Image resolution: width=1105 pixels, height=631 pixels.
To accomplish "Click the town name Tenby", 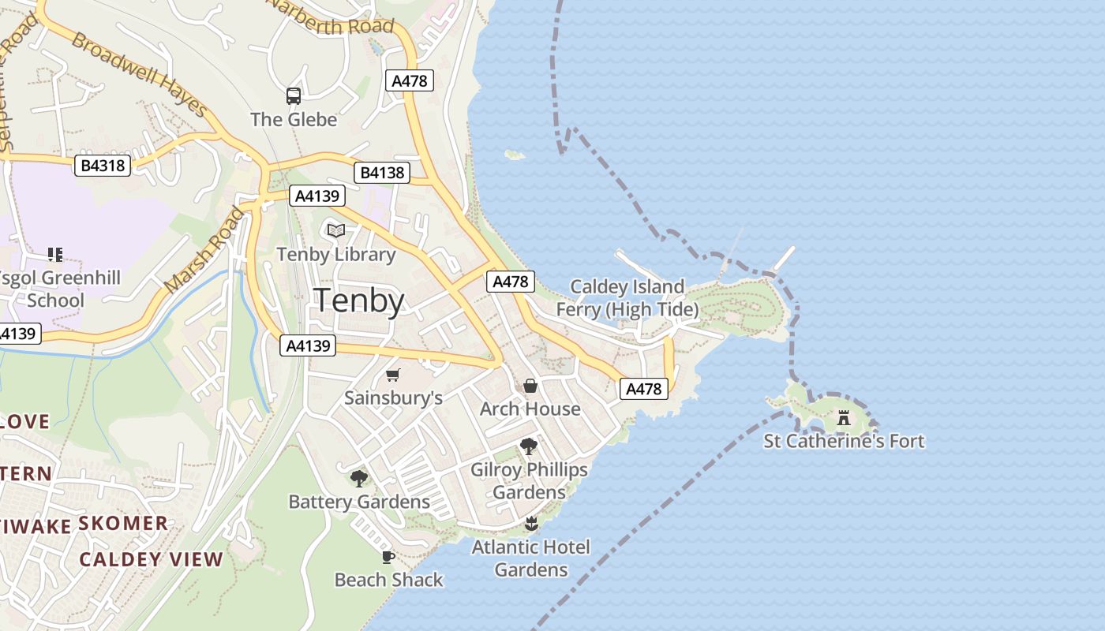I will (x=359, y=301).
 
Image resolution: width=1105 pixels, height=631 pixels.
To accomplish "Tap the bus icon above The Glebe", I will (x=294, y=96).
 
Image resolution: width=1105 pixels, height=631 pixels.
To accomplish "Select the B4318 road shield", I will (x=103, y=166).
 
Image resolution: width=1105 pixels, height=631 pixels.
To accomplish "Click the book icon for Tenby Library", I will (x=336, y=230).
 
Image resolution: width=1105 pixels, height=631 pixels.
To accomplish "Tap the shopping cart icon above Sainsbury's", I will (x=393, y=375).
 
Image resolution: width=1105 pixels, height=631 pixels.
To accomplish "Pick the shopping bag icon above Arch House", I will (x=530, y=386).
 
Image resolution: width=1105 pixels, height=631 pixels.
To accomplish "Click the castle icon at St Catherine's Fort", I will (x=844, y=417).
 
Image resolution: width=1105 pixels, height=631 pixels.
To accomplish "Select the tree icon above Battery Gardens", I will (x=359, y=478).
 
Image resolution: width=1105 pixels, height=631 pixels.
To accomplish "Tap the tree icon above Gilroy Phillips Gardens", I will (x=529, y=446).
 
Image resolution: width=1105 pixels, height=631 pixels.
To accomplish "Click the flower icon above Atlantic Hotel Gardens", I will (x=531, y=523).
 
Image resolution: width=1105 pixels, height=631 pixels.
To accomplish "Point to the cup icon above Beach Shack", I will (x=388, y=557).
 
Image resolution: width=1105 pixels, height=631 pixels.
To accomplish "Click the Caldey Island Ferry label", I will (x=627, y=297).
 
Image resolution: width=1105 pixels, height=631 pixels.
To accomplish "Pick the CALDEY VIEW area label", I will (x=151, y=559).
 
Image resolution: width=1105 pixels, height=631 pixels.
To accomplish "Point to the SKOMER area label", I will (x=123, y=523).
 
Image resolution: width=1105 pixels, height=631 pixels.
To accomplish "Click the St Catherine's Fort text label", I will (x=844, y=441).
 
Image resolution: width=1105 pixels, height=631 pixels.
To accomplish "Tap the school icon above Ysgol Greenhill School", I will (x=54, y=255).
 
